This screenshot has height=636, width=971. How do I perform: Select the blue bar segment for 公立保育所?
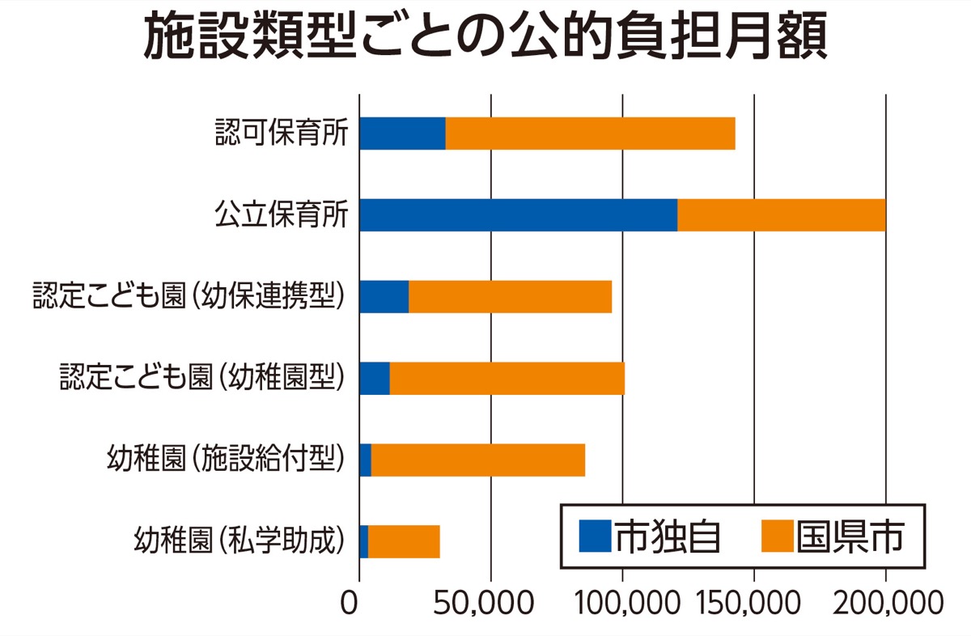(x=518, y=215)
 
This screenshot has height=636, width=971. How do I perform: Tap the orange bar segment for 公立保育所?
(x=782, y=215)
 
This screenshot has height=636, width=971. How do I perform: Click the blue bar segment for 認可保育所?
(x=402, y=134)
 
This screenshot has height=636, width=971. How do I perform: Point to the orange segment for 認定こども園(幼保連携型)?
(x=510, y=297)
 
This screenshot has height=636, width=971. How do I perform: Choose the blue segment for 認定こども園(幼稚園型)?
(x=375, y=379)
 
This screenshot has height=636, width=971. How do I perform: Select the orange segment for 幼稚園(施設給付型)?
(x=477, y=460)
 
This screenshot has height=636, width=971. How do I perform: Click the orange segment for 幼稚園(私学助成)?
(x=404, y=541)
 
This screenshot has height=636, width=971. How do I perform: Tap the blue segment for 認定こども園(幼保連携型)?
(x=384, y=297)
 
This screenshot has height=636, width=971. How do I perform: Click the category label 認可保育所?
(x=282, y=134)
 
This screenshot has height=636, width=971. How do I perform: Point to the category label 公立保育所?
(x=282, y=215)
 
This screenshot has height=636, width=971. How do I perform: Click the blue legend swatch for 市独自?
(x=595, y=536)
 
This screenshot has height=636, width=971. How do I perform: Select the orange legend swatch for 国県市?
(x=776, y=536)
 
